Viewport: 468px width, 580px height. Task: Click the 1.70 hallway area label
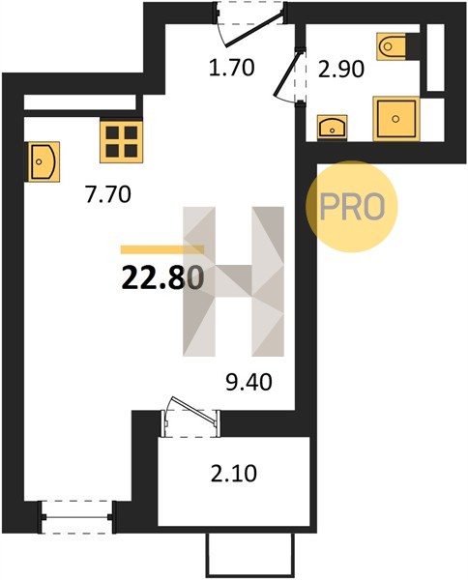[x=232, y=69]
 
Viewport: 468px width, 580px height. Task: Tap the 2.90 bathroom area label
[x=341, y=70]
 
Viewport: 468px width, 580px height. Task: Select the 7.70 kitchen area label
[x=108, y=194]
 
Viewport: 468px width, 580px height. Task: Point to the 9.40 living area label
[x=249, y=382]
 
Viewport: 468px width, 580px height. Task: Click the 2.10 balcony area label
[x=234, y=474]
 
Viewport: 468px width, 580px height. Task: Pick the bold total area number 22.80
[x=162, y=278]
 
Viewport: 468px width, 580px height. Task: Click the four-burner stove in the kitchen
[x=121, y=142]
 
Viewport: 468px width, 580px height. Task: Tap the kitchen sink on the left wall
[x=43, y=161]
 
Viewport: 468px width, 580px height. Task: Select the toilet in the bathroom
[x=392, y=46]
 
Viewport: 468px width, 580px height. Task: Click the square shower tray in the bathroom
[x=396, y=119]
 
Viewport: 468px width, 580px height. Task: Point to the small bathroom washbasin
[x=333, y=128]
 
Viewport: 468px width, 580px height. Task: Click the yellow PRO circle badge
[x=351, y=207]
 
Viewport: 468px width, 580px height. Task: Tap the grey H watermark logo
[x=233, y=281]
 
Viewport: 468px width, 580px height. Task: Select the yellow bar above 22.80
[x=162, y=249]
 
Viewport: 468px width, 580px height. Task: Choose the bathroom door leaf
[x=286, y=73]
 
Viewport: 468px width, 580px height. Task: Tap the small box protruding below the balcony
[x=250, y=556]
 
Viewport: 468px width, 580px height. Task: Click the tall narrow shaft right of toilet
[x=435, y=57]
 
